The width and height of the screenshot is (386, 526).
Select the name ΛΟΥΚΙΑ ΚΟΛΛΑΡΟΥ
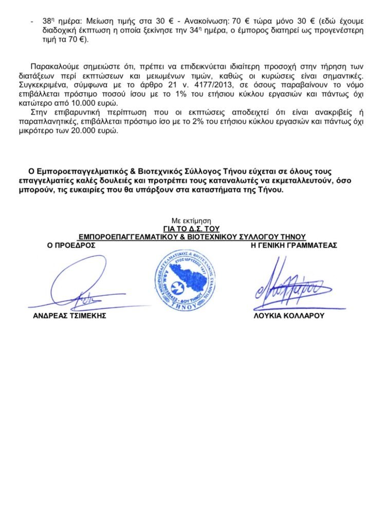coord(289,316)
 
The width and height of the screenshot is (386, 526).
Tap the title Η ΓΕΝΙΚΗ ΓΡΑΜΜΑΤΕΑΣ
coord(294,246)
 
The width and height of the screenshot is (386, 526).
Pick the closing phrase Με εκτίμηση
coord(191,220)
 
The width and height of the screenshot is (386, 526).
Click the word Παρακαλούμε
coord(52,66)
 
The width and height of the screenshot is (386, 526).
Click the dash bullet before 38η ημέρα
coord(32,21)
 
